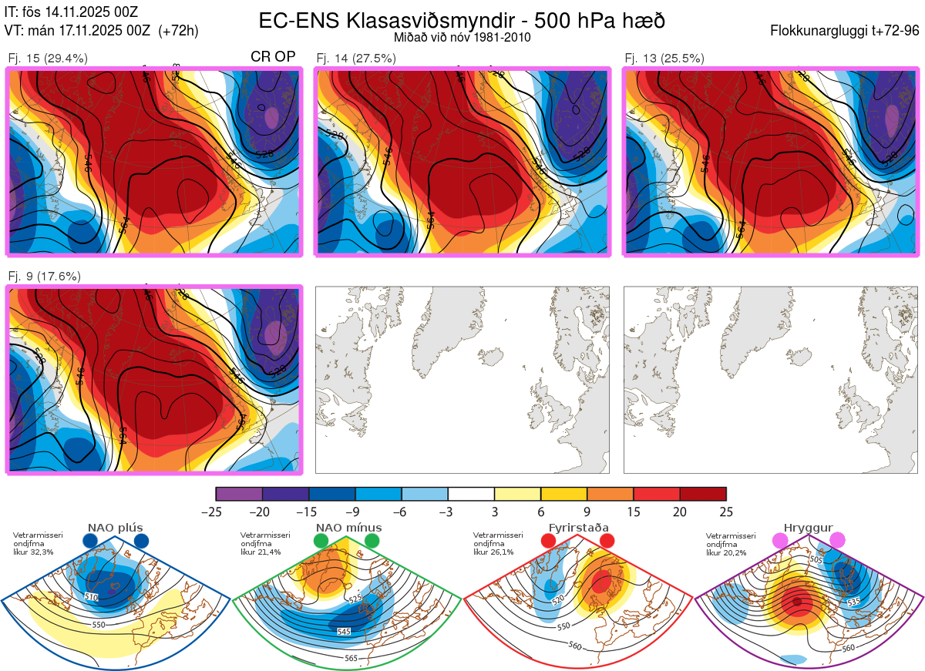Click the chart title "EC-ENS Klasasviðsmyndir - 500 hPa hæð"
pyautogui.click(x=461, y=21)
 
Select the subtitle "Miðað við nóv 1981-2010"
pyautogui.click(x=461, y=37)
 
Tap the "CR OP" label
pyautogui.click(x=273, y=57)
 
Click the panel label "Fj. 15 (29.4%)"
pyautogui.click(x=48, y=59)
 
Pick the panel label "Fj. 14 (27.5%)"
pyautogui.click(x=356, y=59)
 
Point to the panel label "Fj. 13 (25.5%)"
pyautogui.click(x=664, y=59)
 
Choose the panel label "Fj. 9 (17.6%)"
pyautogui.click(x=44, y=277)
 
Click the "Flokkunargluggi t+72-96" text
pyautogui.click(x=844, y=31)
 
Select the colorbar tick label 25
pyautogui.click(x=725, y=512)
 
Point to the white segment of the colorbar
pyautogui.click(x=471, y=494)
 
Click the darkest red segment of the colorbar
pyautogui.click(x=703, y=494)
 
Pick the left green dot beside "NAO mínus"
pyautogui.click(x=321, y=541)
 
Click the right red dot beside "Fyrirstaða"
pyautogui.click(x=607, y=541)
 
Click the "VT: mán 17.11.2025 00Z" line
pyautogui.click(x=102, y=31)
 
